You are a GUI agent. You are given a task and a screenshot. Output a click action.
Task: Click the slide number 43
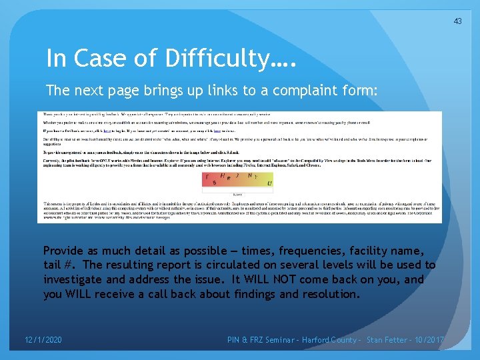coord(457,21)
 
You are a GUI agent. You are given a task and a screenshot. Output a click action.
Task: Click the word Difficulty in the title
coord(214,59)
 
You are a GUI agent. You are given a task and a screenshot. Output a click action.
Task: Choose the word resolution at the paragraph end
coord(328,294)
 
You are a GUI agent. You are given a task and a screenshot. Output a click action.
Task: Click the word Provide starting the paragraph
coord(65,251)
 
